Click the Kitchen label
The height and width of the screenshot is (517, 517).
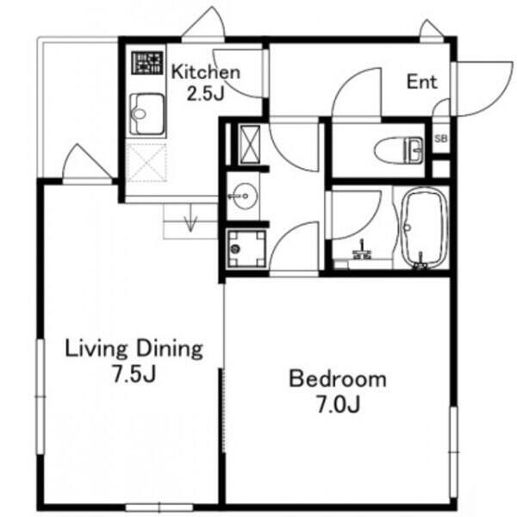pyautogui.click(x=206, y=72)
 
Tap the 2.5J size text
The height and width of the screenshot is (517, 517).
pyautogui.click(x=206, y=93)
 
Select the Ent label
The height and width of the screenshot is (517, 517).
pyautogui.click(x=421, y=82)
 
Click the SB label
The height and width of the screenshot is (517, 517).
pyautogui.click(x=441, y=139)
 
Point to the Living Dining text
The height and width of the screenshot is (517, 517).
pyautogui.click(x=134, y=349)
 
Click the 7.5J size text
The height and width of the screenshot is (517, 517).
pyautogui.click(x=134, y=374)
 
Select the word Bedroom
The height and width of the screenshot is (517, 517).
pyautogui.click(x=338, y=379)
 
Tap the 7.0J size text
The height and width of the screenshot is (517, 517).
pyautogui.click(x=339, y=405)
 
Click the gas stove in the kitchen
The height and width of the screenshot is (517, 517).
pyautogui.click(x=147, y=63)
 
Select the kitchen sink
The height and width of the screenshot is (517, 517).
pyautogui.click(x=146, y=114)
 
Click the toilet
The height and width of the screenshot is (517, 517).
pyautogui.click(x=399, y=150)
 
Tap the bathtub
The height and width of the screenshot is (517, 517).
pyautogui.click(x=423, y=227)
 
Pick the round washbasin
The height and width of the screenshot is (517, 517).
pyautogui.click(x=243, y=196)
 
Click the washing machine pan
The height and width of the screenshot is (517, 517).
pyautogui.click(x=246, y=248)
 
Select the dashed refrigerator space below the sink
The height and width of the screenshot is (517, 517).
pyautogui.click(x=146, y=163)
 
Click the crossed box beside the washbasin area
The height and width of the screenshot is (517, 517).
pyautogui.click(x=249, y=144)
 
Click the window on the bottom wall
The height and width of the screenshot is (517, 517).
pyautogui.click(x=159, y=508)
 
